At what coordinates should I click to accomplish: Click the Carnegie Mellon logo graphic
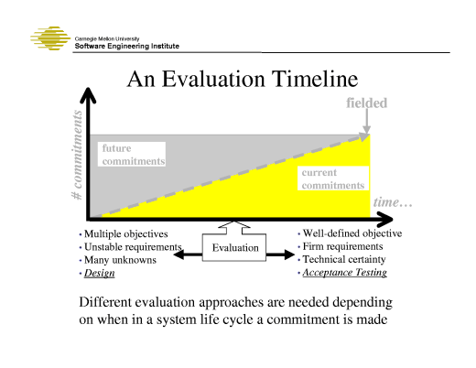tap(51, 41)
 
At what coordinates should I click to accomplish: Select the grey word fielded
tap(366, 103)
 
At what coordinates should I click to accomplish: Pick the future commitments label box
tap(132, 155)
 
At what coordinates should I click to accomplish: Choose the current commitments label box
tap(333, 179)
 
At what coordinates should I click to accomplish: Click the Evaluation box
tap(235, 248)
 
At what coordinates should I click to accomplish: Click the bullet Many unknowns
tap(119, 260)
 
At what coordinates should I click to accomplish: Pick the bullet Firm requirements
tap(342, 246)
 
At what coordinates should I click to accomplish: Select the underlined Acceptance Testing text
tap(344, 272)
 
